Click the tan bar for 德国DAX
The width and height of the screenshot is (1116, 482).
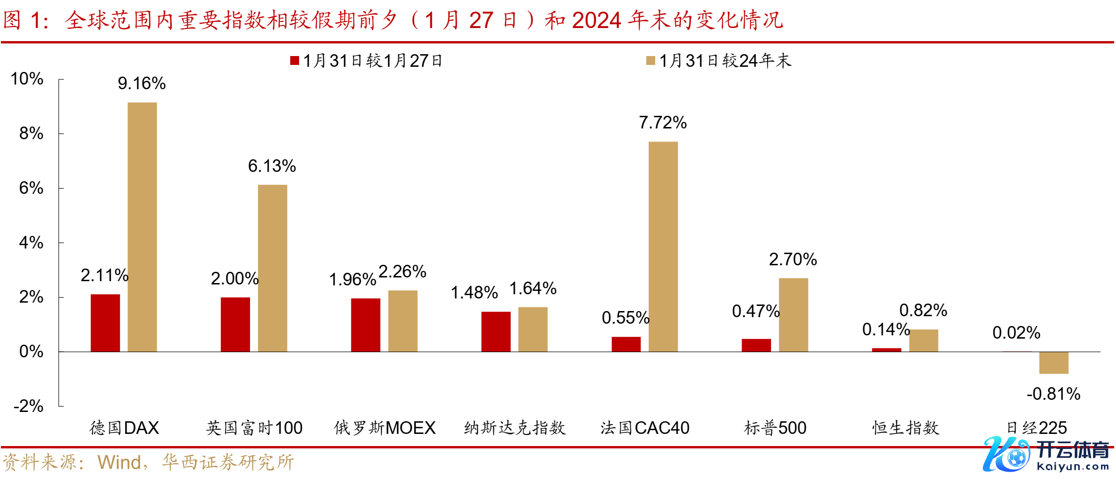(x=142, y=227)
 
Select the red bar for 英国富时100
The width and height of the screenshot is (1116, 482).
(x=235, y=325)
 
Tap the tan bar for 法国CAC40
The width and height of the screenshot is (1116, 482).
(x=663, y=247)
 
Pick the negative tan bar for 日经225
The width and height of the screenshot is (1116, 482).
(x=1053, y=363)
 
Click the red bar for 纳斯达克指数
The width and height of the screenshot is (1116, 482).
(x=496, y=332)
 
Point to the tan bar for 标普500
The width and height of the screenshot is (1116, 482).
(x=793, y=315)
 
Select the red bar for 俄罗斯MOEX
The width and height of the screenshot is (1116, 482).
(x=365, y=325)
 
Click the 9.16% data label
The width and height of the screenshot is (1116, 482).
(x=142, y=84)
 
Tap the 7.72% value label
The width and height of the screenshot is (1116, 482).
(x=663, y=123)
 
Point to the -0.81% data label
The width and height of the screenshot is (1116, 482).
(x=1053, y=394)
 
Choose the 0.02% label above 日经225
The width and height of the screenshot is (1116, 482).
(x=1016, y=333)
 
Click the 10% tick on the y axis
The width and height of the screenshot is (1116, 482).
(x=27, y=79)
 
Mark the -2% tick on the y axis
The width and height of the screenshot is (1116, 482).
(x=29, y=406)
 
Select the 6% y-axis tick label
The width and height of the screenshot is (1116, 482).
(x=31, y=188)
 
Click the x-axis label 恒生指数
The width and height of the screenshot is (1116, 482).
(x=905, y=428)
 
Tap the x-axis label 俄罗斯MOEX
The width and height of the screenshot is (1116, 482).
(x=384, y=428)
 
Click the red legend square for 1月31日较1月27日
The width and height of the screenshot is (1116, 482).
(x=294, y=61)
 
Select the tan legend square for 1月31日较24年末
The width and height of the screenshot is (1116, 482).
(x=651, y=61)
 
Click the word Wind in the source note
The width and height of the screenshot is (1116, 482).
(x=119, y=462)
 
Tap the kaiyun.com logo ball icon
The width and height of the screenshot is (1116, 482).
(x=1016, y=457)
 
